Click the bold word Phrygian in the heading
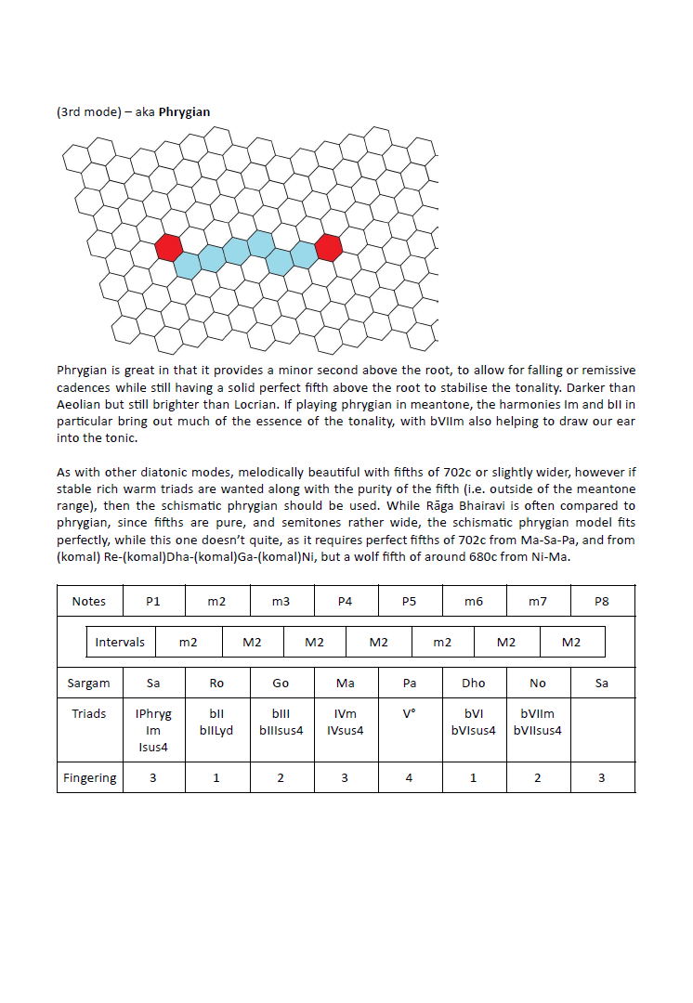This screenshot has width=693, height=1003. (x=184, y=112)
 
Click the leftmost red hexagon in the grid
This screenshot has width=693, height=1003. (x=168, y=247)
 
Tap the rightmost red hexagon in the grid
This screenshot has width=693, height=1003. (x=328, y=247)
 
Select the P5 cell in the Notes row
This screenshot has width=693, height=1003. (x=409, y=602)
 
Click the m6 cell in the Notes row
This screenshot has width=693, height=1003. (x=474, y=602)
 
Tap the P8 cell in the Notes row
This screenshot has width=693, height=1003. (x=601, y=602)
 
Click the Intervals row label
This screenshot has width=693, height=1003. (x=120, y=643)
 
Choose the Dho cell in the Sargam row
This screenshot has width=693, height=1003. (x=474, y=684)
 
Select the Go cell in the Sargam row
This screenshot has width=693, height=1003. (x=281, y=684)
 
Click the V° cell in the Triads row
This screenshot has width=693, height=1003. (x=409, y=714)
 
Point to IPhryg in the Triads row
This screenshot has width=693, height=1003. (x=153, y=714)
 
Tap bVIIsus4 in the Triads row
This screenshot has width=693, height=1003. (x=537, y=730)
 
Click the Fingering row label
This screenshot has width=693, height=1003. (x=89, y=778)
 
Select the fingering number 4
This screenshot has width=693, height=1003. (x=409, y=778)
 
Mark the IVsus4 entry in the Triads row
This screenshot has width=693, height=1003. (x=345, y=730)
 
